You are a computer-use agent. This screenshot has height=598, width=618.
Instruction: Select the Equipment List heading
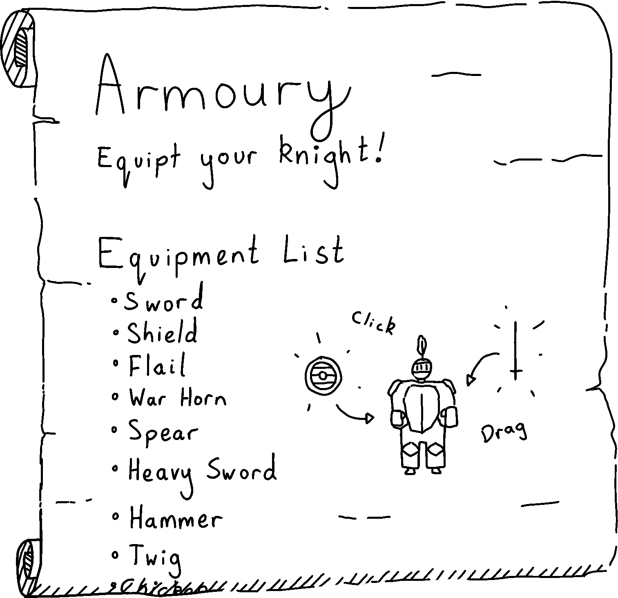[221, 253]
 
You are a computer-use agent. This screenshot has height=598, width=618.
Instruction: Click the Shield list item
[162, 333]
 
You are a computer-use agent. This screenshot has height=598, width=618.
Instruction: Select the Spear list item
[163, 431]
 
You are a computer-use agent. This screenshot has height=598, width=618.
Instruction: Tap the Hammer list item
[176, 520]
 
